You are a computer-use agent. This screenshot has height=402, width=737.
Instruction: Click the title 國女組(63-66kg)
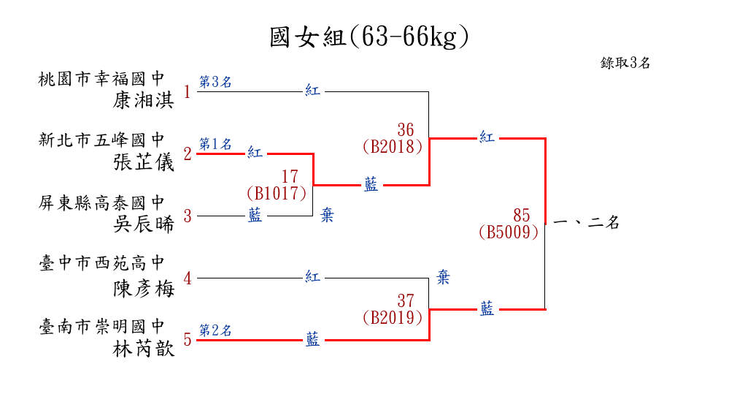(x=368, y=37)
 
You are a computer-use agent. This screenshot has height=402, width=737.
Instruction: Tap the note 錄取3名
(x=625, y=63)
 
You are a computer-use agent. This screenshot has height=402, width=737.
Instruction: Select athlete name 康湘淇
(x=144, y=100)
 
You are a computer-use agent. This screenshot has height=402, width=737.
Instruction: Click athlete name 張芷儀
(x=144, y=162)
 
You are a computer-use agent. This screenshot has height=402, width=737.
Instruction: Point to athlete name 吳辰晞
(x=144, y=224)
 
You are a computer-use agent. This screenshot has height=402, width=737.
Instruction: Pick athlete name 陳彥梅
(x=144, y=287)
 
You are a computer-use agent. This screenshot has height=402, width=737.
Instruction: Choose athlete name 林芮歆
(x=144, y=349)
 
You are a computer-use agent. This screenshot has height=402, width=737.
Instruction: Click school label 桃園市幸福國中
(x=102, y=77)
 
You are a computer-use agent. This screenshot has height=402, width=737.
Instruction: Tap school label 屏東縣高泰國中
(x=102, y=202)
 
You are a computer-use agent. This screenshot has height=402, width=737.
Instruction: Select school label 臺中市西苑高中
(x=102, y=265)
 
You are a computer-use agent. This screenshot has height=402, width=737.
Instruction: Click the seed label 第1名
(x=215, y=143)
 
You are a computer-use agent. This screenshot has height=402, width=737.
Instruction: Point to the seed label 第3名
(x=215, y=82)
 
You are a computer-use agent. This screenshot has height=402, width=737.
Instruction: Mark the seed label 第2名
(x=215, y=330)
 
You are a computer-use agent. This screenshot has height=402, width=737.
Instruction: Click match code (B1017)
(x=276, y=194)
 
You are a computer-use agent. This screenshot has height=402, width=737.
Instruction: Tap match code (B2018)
(x=393, y=146)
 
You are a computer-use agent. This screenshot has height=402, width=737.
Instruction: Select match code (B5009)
(x=509, y=232)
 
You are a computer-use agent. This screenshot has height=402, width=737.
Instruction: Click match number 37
(x=406, y=300)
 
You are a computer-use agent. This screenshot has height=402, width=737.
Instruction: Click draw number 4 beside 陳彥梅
(x=188, y=278)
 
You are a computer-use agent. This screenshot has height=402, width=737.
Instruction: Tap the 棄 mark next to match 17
(x=328, y=216)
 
